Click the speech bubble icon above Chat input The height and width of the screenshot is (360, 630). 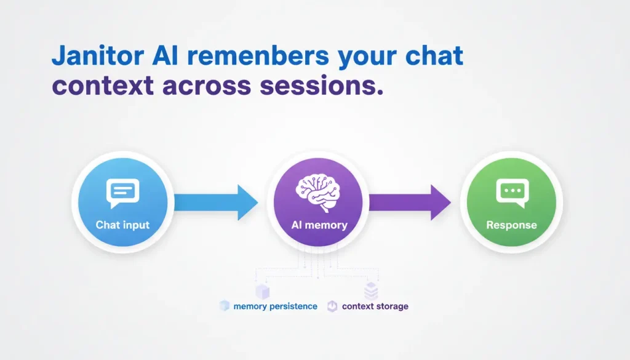122,193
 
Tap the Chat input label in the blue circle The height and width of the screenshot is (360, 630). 122,225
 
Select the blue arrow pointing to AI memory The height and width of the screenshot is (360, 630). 215,202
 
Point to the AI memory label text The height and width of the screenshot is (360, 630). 319,225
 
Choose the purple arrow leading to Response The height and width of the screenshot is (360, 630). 409,202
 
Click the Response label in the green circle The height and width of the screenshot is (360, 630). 511,225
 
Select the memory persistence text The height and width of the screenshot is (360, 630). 276,306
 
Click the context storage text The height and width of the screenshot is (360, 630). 375,306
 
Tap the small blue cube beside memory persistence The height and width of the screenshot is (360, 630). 224,306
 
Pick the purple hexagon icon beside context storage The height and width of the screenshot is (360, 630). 332,306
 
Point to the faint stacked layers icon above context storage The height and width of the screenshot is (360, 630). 370,290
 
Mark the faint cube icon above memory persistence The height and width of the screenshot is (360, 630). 263,290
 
